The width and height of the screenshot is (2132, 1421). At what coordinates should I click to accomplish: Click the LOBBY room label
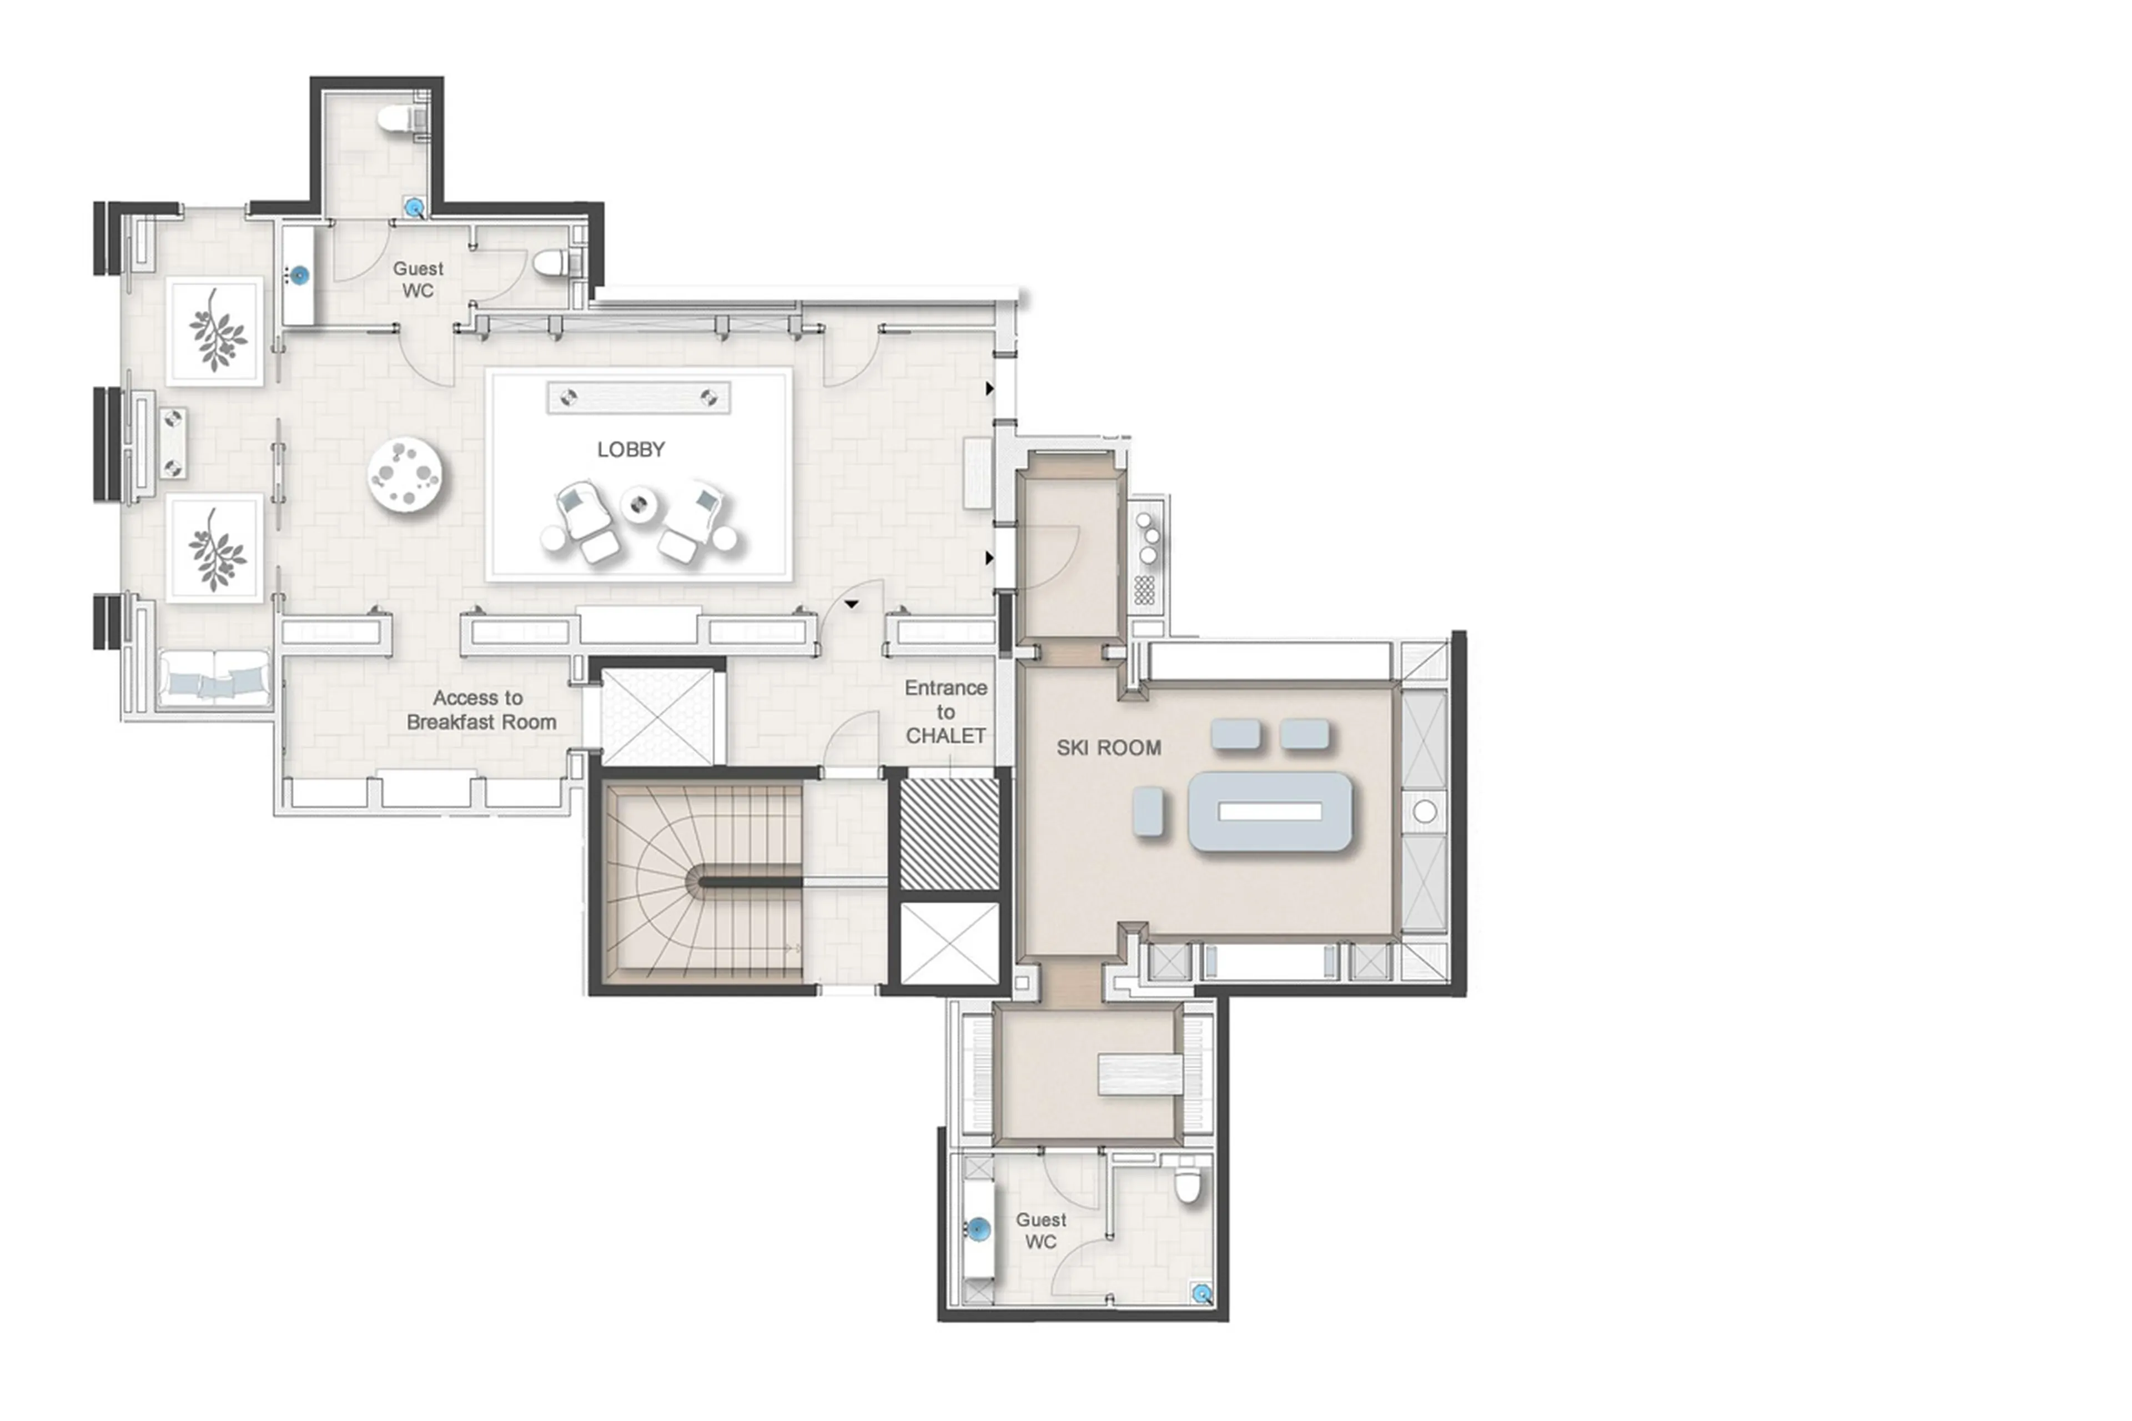[x=631, y=449]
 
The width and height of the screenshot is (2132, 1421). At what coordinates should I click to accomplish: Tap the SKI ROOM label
[x=1108, y=747]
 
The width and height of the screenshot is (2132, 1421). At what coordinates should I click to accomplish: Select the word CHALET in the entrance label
[x=945, y=736]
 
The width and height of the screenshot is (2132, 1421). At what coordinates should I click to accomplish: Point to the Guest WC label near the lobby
[x=418, y=279]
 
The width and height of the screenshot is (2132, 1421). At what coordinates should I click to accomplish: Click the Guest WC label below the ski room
[x=1040, y=1231]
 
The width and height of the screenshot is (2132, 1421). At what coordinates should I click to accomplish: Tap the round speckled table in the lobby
[x=405, y=475]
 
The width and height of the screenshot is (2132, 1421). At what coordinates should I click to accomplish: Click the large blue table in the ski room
[x=1269, y=811]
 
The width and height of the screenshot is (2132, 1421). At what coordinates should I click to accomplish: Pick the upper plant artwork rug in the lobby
[x=215, y=331]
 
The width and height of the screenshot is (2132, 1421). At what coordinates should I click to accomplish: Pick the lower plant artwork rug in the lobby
[x=215, y=548]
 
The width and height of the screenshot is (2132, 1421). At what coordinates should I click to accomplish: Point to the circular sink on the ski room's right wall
[x=1424, y=812]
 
